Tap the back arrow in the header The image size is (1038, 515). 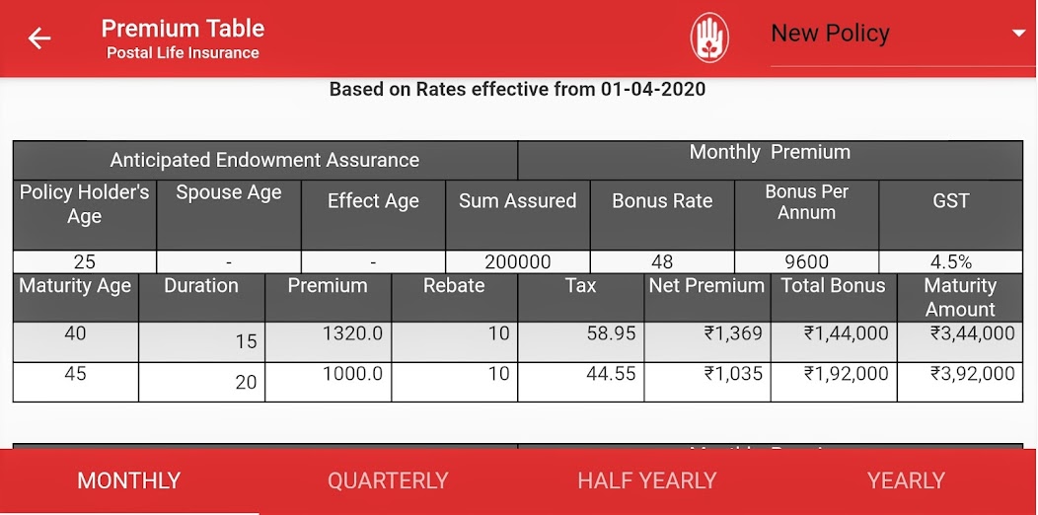[x=39, y=38]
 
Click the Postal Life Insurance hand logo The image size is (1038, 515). [x=708, y=38]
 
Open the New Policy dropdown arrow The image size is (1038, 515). [x=1018, y=34]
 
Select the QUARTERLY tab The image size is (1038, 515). [x=388, y=481]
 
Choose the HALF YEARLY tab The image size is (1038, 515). [x=647, y=481]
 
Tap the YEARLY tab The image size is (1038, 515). [x=906, y=481]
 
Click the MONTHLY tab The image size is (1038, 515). [x=129, y=481]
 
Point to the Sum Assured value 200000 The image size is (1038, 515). [x=517, y=262]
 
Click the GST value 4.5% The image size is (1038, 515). [x=951, y=262]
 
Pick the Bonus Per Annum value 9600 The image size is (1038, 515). [x=806, y=262]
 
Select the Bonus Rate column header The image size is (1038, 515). [x=662, y=201]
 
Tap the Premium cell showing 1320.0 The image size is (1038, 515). [x=352, y=333]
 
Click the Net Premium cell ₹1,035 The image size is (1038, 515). [x=733, y=374]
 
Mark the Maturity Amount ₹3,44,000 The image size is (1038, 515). [x=972, y=333]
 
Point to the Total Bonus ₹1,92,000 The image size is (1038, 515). [x=846, y=374]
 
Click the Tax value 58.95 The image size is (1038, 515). [x=611, y=333]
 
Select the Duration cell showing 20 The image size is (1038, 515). [x=246, y=382]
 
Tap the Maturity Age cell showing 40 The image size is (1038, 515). [x=75, y=333]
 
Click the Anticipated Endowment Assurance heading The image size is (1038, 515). [x=264, y=160]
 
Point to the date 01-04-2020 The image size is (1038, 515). [x=653, y=90]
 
